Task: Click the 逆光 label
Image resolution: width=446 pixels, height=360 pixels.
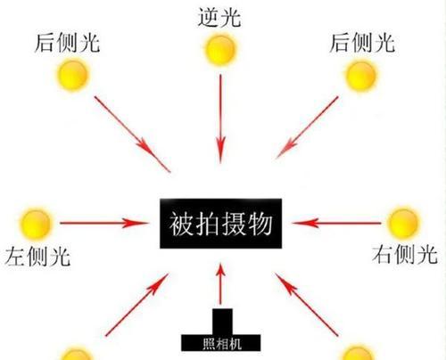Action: coord(219,17)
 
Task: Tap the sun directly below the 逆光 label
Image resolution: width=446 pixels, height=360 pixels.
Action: coord(220,50)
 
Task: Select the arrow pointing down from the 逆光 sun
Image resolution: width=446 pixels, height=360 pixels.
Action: coord(220,119)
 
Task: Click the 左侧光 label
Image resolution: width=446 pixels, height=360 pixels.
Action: coord(37,256)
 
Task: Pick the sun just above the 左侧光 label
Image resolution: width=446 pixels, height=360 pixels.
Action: coord(36,224)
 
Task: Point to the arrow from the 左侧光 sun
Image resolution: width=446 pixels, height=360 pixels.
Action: coord(103,223)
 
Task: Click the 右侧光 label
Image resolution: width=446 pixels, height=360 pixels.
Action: coord(405,254)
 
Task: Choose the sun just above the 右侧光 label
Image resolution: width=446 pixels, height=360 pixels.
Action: coord(403,223)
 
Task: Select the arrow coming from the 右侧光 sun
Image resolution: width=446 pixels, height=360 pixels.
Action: coord(336,223)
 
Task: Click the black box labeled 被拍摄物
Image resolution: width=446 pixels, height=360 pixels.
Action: coord(221,224)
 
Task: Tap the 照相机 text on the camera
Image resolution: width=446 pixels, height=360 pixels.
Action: coord(222,344)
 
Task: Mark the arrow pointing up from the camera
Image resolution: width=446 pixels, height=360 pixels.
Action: coord(220,284)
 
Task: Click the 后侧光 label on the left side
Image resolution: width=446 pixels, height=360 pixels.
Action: coord(67,43)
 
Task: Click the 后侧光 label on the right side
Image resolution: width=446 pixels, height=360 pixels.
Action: coord(362,43)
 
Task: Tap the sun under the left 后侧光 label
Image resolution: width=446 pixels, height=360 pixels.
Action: coord(72,75)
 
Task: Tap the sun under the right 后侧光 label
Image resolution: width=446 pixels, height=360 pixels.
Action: coord(360,76)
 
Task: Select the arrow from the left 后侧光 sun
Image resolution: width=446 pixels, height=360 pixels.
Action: coord(133,134)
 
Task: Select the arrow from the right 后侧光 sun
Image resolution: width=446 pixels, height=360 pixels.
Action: coord(307,127)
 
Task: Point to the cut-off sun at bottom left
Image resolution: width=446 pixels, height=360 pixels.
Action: coord(76,354)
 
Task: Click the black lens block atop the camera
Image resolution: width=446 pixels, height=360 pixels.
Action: coord(222,322)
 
